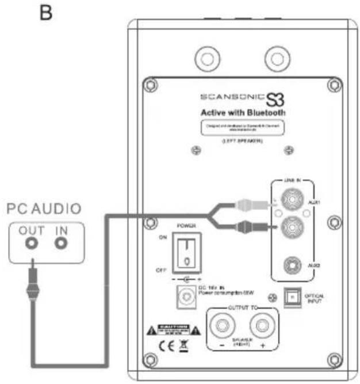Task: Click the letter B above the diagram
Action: click(61, 12)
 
